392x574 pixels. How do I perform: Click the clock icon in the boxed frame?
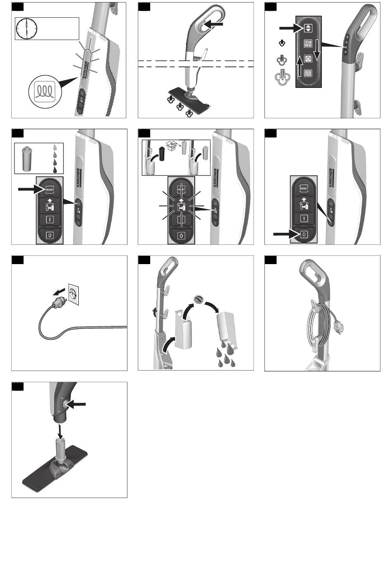(x=26, y=29)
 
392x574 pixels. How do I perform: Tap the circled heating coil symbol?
(x=42, y=91)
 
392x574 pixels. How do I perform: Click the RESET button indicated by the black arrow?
(x=50, y=190)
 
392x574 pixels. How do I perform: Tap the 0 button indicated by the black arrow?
(x=304, y=234)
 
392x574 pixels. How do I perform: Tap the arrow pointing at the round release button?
(x=77, y=405)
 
